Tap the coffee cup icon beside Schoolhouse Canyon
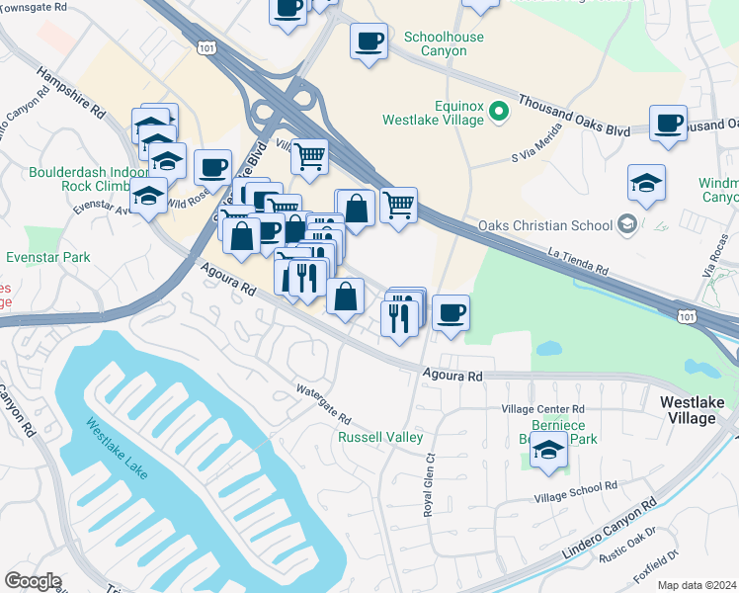(x=369, y=42)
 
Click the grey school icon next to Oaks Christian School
(x=625, y=225)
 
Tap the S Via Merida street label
(x=536, y=141)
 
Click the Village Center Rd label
(x=542, y=409)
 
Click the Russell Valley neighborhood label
(x=380, y=437)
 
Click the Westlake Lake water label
(x=117, y=450)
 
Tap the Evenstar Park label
(x=47, y=258)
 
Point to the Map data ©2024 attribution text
(x=697, y=585)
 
